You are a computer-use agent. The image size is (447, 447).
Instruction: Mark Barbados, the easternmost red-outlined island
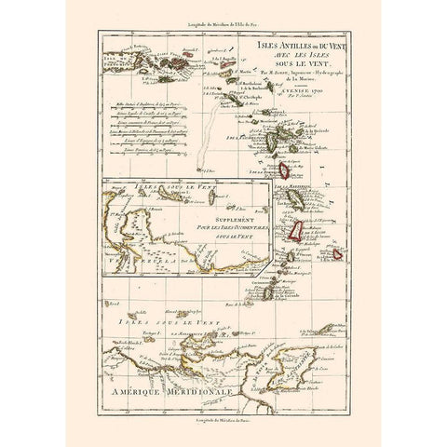click(x=337, y=253)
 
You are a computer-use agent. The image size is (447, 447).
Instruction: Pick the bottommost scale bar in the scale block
click(x=149, y=171)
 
